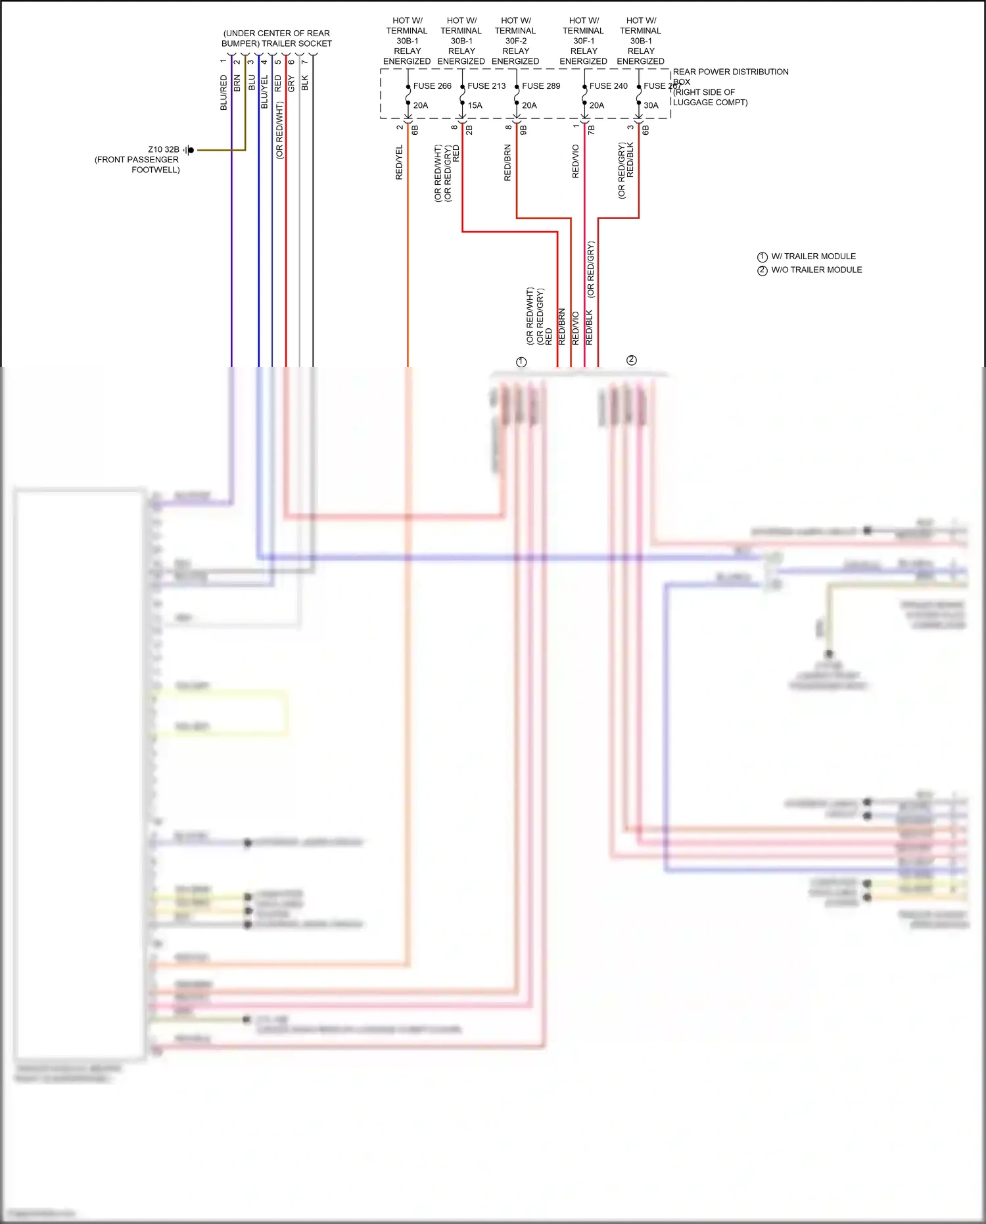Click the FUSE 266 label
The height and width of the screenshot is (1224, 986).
[432, 86]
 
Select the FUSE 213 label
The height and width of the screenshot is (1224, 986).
[486, 86]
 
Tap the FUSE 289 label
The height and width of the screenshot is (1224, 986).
[541, 86]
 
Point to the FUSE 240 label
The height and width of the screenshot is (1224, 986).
[608, 86]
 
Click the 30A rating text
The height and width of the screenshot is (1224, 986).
[651, 105]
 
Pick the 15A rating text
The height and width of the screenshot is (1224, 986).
[475, 105]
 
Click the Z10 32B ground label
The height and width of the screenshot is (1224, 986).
[163, 150]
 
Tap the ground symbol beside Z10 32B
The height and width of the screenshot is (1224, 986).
[189, 150]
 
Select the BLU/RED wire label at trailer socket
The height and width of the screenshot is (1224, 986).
[223, 92]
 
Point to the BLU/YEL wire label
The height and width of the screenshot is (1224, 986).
[264, 91]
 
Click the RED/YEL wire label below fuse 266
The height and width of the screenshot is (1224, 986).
[399, 162]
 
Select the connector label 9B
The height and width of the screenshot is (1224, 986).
[524, 130]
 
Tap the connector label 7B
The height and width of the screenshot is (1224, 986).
[592, 130]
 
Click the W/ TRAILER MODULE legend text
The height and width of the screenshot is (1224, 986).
[813, 257]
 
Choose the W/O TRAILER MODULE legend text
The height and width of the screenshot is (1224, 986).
[816, 270]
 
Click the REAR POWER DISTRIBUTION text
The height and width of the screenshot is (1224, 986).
[730, 72]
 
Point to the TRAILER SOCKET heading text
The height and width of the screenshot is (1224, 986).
[296, 43]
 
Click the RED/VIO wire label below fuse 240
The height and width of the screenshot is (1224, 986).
[576, 161]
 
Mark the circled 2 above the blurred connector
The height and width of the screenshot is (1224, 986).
[632, 360]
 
